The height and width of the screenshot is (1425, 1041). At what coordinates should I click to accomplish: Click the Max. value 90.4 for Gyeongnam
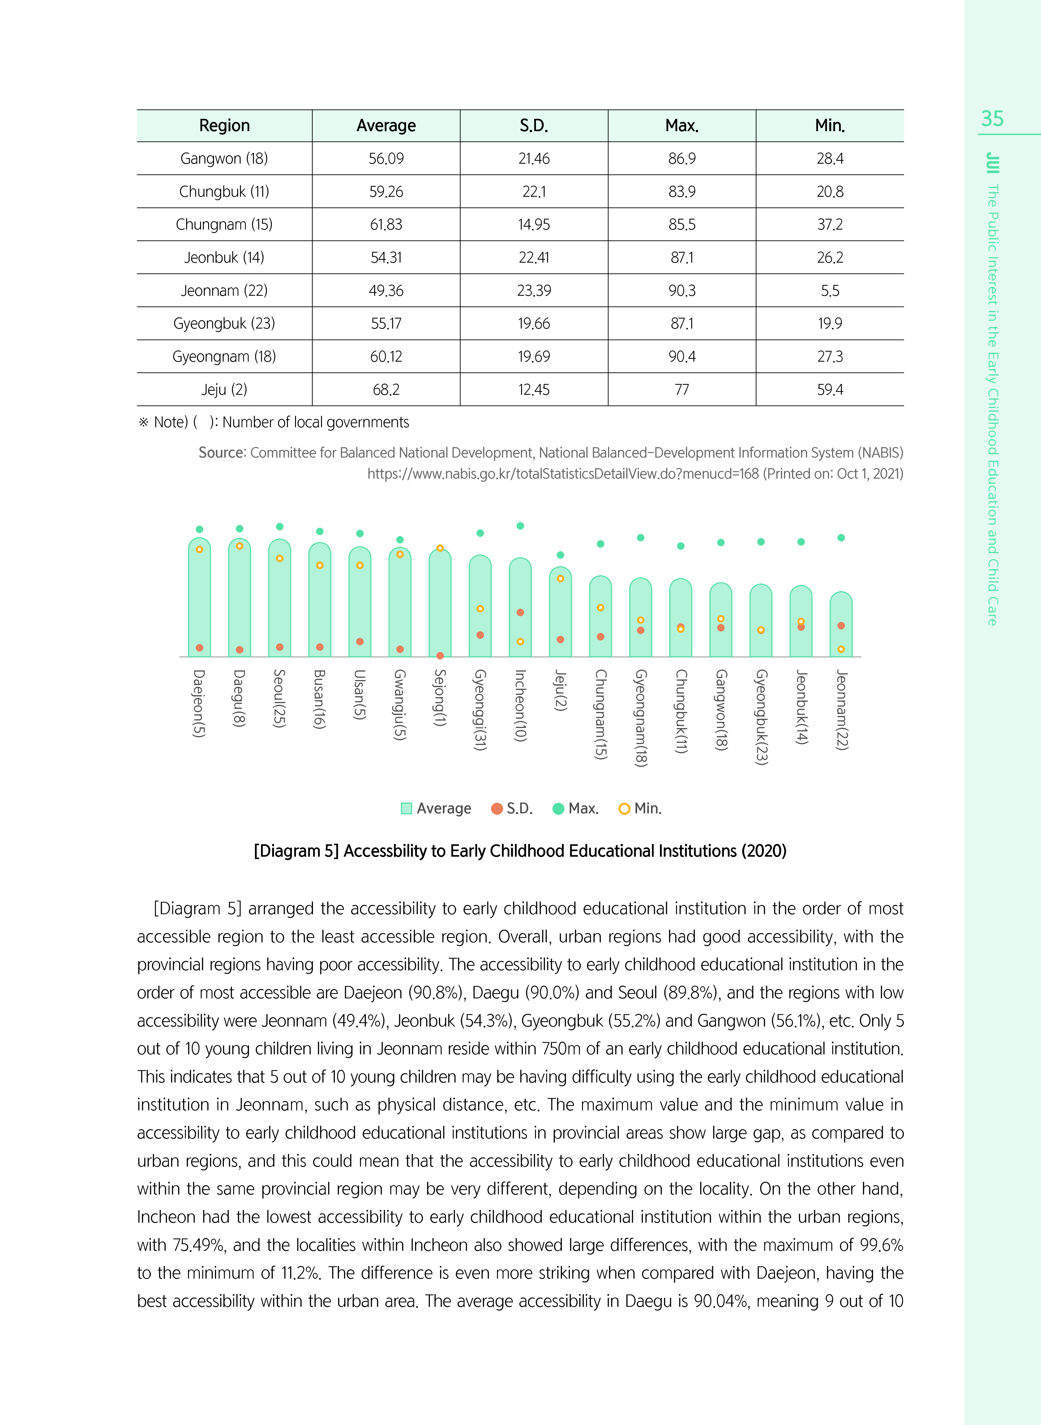[x=682, y=357]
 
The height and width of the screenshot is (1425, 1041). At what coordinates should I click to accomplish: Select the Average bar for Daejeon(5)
[x=199, y=599]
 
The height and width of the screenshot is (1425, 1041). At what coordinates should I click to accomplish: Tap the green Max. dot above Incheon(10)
[x=520, y=526]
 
